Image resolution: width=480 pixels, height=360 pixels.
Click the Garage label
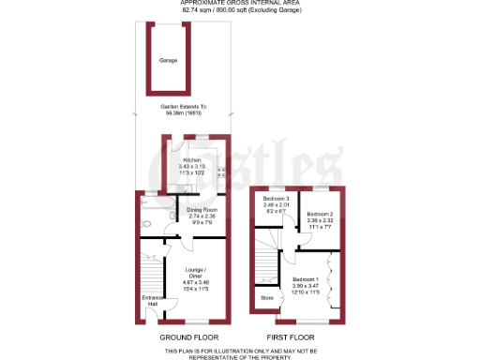click(x=168, y=59)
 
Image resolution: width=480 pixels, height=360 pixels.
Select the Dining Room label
click(x=202, y=209)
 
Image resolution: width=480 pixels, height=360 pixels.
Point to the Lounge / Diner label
click(x=194, y=273)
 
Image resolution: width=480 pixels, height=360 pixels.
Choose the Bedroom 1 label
click(x=306, y=279)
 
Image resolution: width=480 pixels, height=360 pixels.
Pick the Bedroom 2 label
click(x=320, y=214)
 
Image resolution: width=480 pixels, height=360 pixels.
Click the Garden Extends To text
click(x=186, y=107)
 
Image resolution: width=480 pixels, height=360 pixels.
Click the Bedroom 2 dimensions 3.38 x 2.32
click(x=320, y=220)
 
